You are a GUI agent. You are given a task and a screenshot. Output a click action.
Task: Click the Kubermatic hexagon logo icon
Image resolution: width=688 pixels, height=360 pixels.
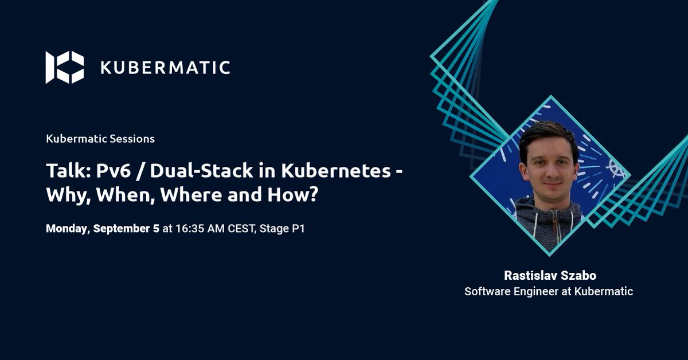(65, 68)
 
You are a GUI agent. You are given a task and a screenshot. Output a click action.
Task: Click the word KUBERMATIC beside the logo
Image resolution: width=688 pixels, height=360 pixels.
(165, 68)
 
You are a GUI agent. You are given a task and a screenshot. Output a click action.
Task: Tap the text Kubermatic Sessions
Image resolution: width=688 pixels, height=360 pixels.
(100, 139)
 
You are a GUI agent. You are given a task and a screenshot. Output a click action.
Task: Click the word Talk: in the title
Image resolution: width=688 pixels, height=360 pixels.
(64, 171)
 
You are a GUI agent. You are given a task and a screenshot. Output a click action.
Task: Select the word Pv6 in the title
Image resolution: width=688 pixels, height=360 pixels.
(104, 171)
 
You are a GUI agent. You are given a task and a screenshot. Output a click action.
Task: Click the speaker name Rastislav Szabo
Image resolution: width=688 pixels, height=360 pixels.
(549, 276)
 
